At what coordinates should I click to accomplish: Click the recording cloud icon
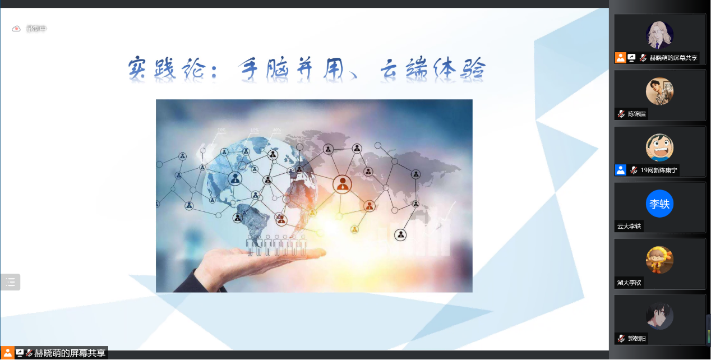pyautogui.click(x=16, y=29)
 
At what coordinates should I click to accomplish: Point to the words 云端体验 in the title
pyautogui.click(x=432, y=69)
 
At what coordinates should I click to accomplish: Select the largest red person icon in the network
pyautogui.click(x=341, y=183)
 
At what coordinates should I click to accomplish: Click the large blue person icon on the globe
pyautogui.click(x=234, y=179)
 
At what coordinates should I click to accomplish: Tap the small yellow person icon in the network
pyautogui.click(x=354, y=229)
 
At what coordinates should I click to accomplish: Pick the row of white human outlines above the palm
pyautogui.click(x=276, y=245)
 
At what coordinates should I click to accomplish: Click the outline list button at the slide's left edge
pyautogui.click(x=11, y=282)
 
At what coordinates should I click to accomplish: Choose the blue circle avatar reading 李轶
pyautogui.click(x=659, y=204)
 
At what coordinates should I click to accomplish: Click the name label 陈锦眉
pyautogui.click(x=637, y=114)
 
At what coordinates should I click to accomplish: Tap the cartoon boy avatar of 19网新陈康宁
pyautogui.click(x=659, y=147)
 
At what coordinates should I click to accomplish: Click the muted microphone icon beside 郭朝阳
pyautogui.click(x=621, y=339)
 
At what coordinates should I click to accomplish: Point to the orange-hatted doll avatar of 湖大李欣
pyautogui.click(x=659, y=260)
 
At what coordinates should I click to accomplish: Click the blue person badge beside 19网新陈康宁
pyautogui.click(x=621, y=170)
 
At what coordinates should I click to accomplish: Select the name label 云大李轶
pyautogui.click(x=629, y=227)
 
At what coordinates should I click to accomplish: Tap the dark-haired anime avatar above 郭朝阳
pyautogui.click(x=659, y=316)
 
